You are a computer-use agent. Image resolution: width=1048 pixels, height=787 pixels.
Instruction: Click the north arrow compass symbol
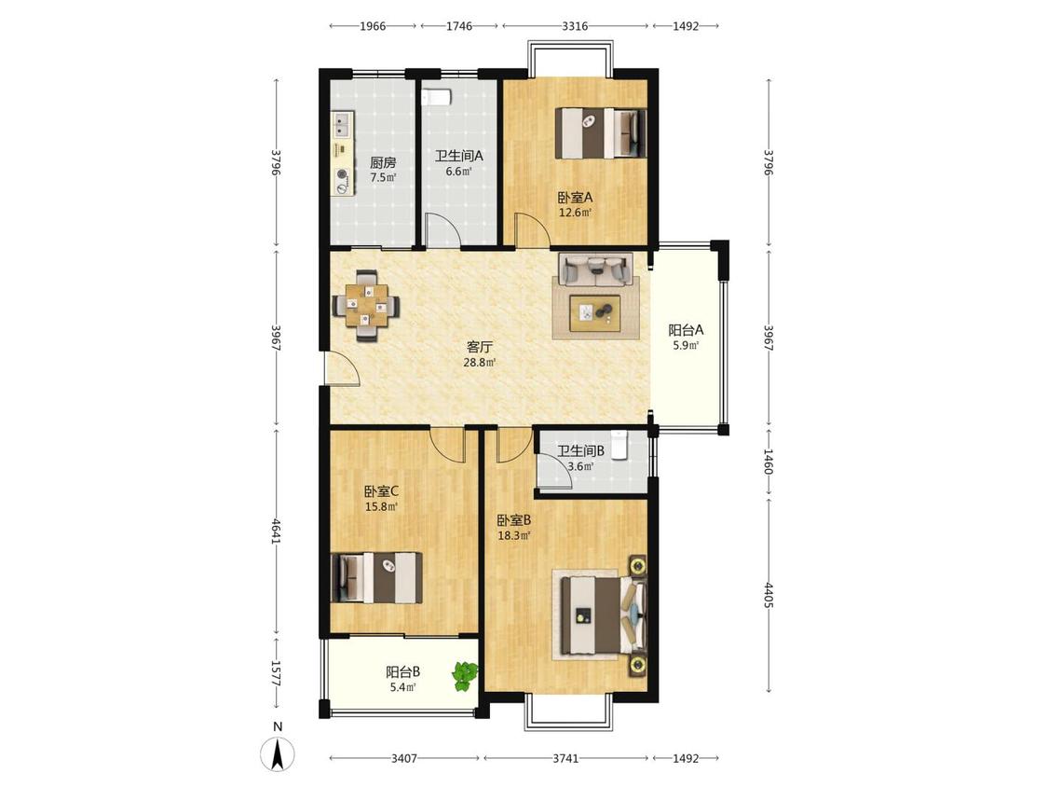pyautogui.click(x=278, y=753)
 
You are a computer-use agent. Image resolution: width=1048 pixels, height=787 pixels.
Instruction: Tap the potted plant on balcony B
pyautogui.click(x=465, y=676)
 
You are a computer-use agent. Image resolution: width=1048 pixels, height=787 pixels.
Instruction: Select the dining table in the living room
pyautogui.click(x=367, y=306)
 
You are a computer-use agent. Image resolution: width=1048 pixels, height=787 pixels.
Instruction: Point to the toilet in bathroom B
pyautogui.click(x=619, y=445)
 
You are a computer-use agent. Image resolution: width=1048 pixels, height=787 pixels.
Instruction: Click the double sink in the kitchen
pyautogui.click(x=343, y=124)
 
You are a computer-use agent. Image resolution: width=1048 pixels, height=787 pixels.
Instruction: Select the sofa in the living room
pyautogui.click(x=595, y=270)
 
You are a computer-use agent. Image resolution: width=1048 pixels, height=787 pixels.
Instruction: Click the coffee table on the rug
pyautogui.click(x=595, y=312)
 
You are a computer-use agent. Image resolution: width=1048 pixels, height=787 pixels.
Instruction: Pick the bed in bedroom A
pyautogui.click(x=601, y=133)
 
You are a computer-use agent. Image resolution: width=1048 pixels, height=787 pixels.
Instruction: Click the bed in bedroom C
pyautogui.click(x=377, y=577)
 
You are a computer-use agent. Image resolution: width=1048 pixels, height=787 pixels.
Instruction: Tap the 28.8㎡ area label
pyautogui.click(x=480, y=363)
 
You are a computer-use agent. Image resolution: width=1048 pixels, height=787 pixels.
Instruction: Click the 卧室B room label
pyautogui.click(x=514, y=520)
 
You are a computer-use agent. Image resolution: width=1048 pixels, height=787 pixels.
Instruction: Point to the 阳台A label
pyautogui.click(x=686, y=330)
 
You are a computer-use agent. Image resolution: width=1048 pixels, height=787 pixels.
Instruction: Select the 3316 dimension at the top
pyautogui.click(x=575, y=26)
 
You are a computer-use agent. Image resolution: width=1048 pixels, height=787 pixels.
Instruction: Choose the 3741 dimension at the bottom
pyautogui.click(x=565, y=758)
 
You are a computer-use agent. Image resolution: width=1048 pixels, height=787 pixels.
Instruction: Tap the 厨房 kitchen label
pyautogui.click(x=383, y=162)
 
